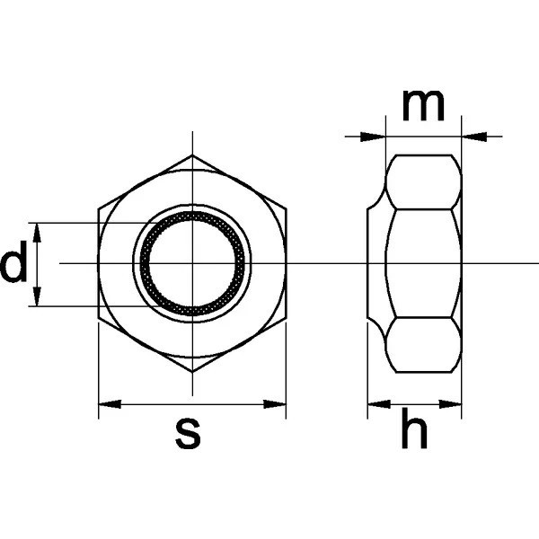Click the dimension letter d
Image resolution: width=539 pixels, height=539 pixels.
13,261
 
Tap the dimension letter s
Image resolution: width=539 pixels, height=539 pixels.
188,434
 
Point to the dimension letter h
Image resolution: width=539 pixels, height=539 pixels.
414,428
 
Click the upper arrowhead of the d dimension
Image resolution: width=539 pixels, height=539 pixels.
37,233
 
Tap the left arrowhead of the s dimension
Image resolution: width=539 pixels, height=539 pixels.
110,404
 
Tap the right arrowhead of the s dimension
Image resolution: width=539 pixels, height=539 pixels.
275,404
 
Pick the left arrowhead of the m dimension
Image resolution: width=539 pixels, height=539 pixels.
373,137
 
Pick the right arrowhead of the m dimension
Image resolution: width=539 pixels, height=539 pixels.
474,137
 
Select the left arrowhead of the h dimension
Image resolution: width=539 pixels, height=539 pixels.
379,404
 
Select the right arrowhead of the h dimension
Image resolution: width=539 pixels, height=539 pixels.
450,404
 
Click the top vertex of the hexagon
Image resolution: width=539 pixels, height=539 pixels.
192,155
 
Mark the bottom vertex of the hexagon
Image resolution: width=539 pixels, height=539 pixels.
192,372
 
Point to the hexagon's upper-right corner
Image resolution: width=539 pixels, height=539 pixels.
286,208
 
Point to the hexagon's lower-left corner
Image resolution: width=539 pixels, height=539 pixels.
99,318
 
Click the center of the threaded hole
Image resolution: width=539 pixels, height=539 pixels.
192,263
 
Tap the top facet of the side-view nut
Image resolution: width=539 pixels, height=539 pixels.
423,181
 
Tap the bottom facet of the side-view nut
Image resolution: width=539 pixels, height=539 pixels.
423,345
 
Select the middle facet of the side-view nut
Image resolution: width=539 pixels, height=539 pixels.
423,263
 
